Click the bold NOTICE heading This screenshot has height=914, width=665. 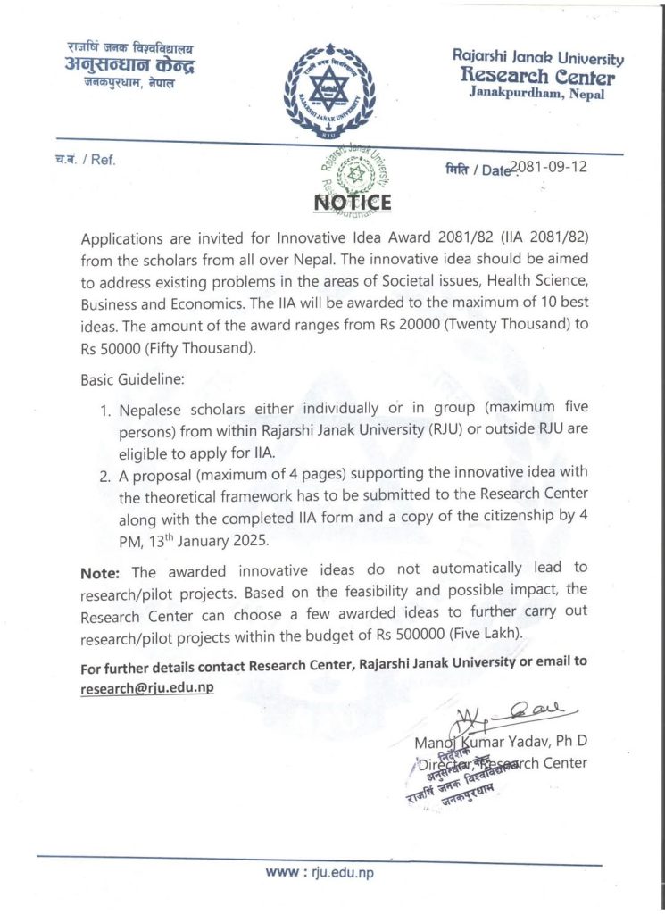353,203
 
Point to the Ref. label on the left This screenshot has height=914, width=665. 87,161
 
